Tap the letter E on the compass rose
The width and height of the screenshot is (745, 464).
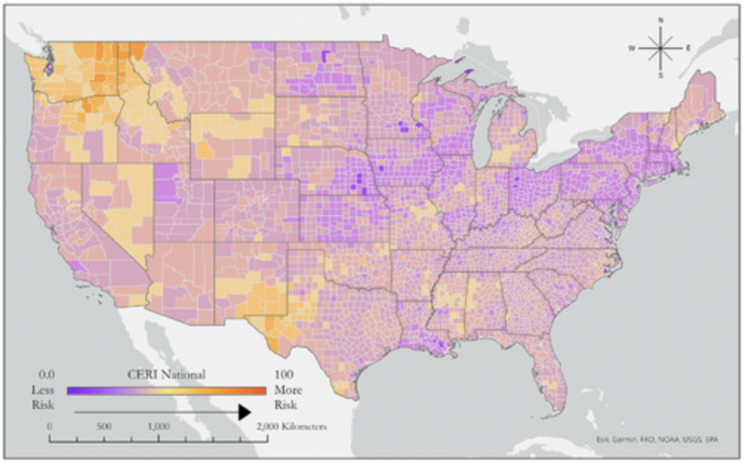[688, 48]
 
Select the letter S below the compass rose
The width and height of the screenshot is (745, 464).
[661, 75]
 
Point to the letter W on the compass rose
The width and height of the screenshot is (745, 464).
[632, 48]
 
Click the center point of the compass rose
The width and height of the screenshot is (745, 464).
[661, 48]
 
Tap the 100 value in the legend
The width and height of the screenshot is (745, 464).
[284, 373]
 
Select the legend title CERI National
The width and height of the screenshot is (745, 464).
[166, 373]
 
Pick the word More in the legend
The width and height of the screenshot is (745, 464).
[286, 390]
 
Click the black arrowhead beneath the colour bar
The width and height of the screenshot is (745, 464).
[243, 412]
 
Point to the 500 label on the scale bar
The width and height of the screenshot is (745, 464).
[103, 426]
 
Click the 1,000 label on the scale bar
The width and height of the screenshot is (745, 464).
[159, 426]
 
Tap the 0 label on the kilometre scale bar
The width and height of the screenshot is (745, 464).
[50, 426]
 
